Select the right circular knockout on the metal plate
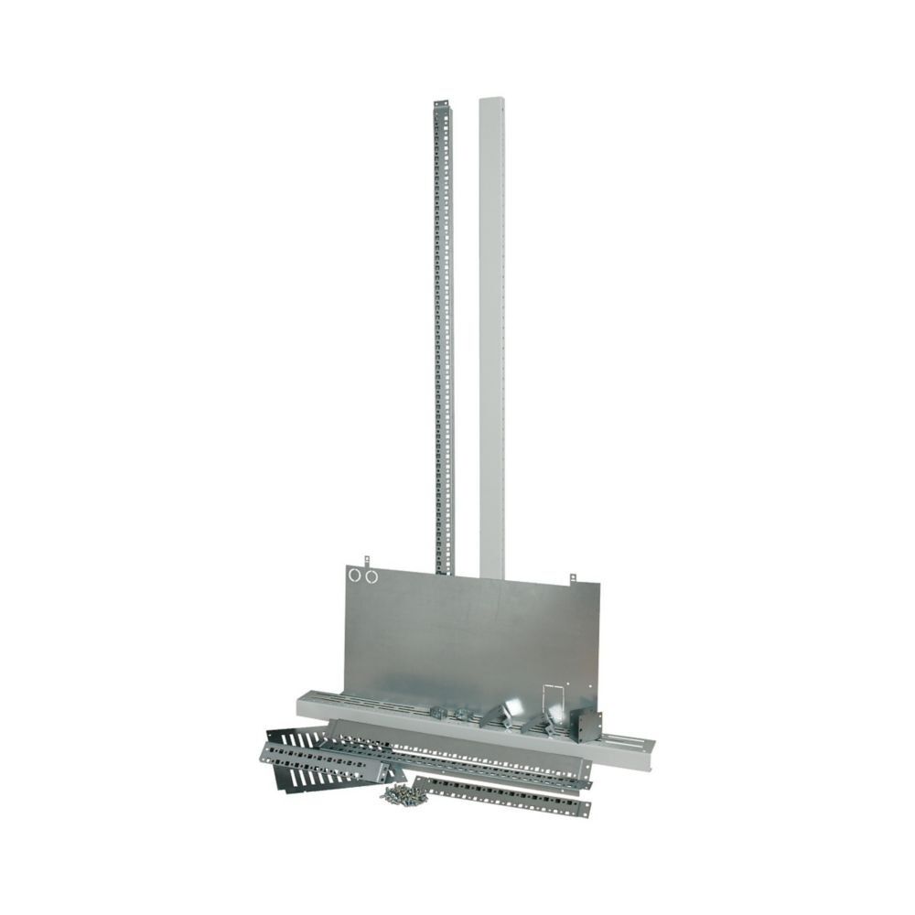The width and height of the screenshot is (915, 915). pyautogui.click(x=371, y=576)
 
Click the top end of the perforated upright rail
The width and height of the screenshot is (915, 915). pyautogui.click(x=440, y=102)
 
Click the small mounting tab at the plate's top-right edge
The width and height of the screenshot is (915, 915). pyautogui.click(x=573, y=578)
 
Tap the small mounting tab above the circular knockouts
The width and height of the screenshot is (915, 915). pyautogui.click(x=366, y=558)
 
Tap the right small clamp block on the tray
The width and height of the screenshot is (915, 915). pyautogui.click(x=465, y=715)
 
